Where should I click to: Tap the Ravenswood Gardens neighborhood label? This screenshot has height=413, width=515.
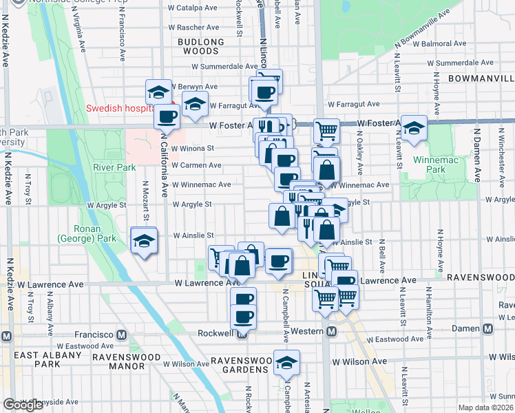(x=239, y=365)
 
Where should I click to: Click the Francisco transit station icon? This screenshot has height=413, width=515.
(x=121, y=335)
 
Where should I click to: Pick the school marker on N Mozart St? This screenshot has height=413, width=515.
(x=143, y=241)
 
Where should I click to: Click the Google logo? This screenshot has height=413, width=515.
(x=23, y=405)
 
